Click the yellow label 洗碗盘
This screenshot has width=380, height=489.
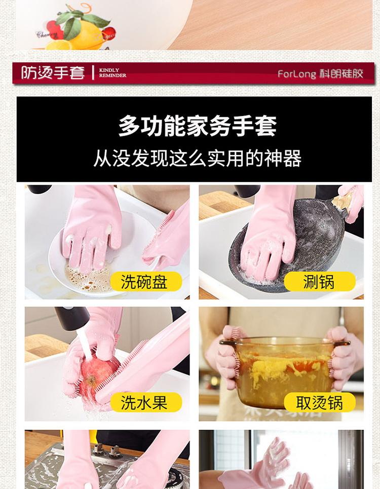[146, 281]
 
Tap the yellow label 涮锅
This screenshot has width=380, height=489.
[320, 281]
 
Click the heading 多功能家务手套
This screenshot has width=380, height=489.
[197, 126]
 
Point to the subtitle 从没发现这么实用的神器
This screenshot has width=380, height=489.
[197, 158]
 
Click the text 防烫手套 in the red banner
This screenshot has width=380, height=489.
[53, 72]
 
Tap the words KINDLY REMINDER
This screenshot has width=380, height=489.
[112, 72]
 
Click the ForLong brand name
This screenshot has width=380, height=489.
[296, 74]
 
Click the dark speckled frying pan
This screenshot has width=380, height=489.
[288, 246]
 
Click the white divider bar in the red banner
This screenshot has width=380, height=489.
[93, 72]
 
